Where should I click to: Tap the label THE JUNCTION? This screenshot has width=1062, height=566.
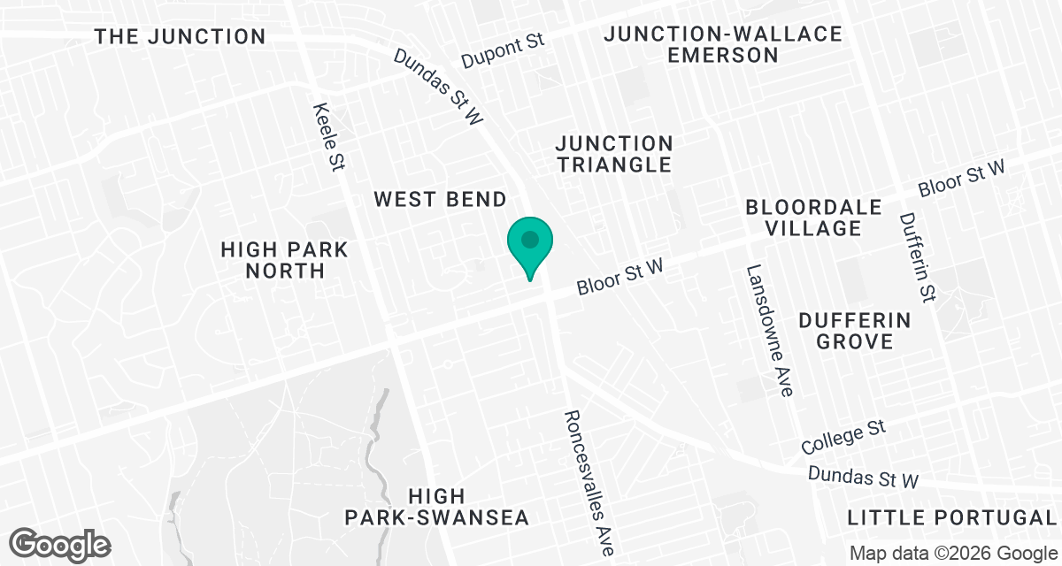(x=180, y=36)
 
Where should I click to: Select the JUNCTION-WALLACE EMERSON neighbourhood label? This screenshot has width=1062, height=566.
(x=722, y=44)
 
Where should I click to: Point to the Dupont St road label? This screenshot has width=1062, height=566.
(x=503, y=53)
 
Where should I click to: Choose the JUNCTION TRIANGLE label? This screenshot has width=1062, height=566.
(x=613, y=154)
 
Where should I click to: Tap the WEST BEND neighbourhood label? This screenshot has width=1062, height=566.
(x=440, y=199)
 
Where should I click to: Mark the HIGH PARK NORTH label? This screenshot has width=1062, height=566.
(x=285, y=260)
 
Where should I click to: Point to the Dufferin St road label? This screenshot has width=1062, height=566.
(x=917, y=256)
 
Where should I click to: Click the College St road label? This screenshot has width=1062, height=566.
(x=843, y=435)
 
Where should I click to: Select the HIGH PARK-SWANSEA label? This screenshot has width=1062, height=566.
(x=437, y=507)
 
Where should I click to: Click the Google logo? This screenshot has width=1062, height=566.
(x=59, y=543)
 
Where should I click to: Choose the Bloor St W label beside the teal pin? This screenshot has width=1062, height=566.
(x=619, y=275)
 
